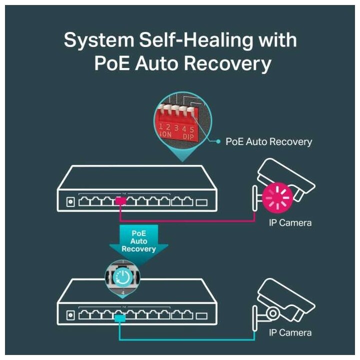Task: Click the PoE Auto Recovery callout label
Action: click(268, 141)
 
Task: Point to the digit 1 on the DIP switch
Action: click(161, 127)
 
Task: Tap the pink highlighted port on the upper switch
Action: click(120, 201)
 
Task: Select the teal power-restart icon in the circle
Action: click(122, 275)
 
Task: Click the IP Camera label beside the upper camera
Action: click(290, 222)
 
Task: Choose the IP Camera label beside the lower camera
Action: click(290, 332)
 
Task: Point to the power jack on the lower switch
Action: click(70, 315)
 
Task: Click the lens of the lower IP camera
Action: click(273, 313)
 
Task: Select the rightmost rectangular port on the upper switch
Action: click(201, 202)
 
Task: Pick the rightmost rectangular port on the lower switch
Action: click(201, 315)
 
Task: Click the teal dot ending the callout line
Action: click(218, 141)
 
